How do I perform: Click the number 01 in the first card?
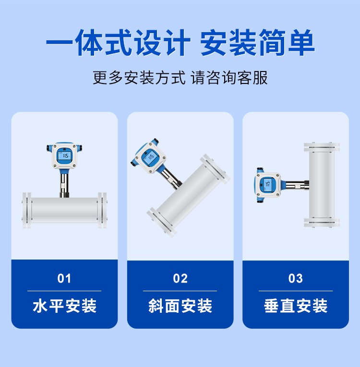[x=64, y=279]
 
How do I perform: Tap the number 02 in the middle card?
[x=180, y=279]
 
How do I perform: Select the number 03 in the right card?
[x=296, y=279]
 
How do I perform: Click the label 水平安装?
[x=64, y=306]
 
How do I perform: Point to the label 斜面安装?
[x=180, y=306]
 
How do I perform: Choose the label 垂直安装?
[x=296, y=306]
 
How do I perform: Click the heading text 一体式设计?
[x=118, y=43]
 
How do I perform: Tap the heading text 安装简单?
[x=257, y=43]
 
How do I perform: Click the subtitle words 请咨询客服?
[x=229, y=78]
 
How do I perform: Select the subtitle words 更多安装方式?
[x=139, y=78]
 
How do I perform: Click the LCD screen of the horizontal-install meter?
[x=64, y=155]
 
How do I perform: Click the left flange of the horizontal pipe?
[x=27, y=210]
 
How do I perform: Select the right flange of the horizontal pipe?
[x=102, y=210]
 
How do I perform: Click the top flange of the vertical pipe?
[x=322, y=147]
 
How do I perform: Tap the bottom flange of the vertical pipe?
[x=322, y=222]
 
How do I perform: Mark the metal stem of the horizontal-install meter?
[x=64, y=185]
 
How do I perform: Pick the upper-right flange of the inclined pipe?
[x=215, y=169]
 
